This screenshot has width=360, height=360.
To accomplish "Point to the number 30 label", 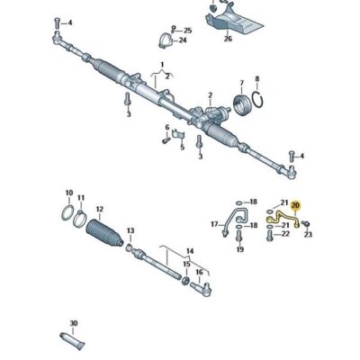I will pos(73,322).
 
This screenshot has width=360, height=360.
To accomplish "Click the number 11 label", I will pos(82,197).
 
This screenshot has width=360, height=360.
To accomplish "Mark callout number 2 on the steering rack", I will pos(210,93).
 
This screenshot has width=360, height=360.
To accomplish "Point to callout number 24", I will pos(184,40).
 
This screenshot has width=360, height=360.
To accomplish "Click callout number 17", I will pos(212,224).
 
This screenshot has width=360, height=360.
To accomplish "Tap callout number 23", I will pos(309,234).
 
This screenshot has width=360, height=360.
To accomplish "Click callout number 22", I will pos(283,233).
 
